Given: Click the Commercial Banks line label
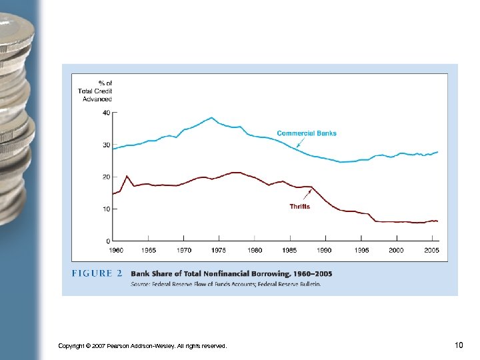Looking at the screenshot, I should [307, 133].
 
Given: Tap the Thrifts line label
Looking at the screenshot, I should [299, 207].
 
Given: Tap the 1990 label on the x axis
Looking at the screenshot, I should [325, 250].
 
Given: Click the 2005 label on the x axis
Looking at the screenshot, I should [431, 250].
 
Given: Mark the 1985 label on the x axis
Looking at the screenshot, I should [290, 250].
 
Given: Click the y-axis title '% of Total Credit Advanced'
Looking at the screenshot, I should [95, 91].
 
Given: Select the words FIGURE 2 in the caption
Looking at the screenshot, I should [97, 273].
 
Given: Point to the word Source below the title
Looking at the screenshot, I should [141, 283].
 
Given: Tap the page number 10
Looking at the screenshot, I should [459, 345].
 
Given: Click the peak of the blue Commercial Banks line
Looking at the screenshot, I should [211, 118].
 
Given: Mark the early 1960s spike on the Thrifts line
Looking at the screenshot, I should [127, 176].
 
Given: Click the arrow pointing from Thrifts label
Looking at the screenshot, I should [307, 194].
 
